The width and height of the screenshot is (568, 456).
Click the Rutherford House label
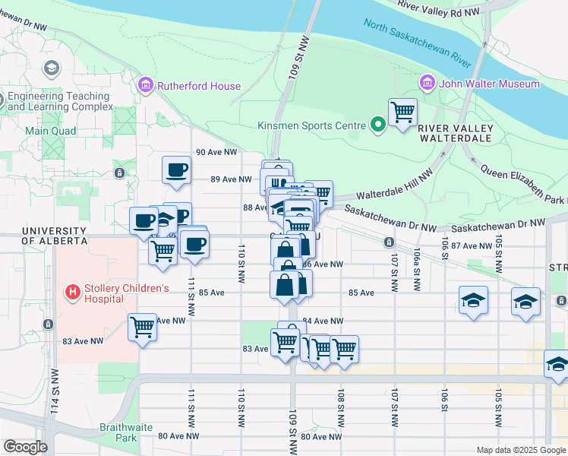(198, 86)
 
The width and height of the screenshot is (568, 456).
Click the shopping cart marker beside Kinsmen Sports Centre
(402, 113)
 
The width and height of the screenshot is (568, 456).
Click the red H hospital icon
(73, 291)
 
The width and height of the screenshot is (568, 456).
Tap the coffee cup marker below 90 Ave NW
(176, 169)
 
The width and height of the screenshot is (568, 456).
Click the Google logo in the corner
(25, 447)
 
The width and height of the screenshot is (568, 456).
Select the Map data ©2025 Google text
(520, 450)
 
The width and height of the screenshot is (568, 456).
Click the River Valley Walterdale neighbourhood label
(456, 134)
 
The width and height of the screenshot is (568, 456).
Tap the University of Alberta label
(53, 236)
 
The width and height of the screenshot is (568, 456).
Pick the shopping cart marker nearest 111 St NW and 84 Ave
(142, 328)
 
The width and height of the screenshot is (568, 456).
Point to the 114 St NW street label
(55, 391)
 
